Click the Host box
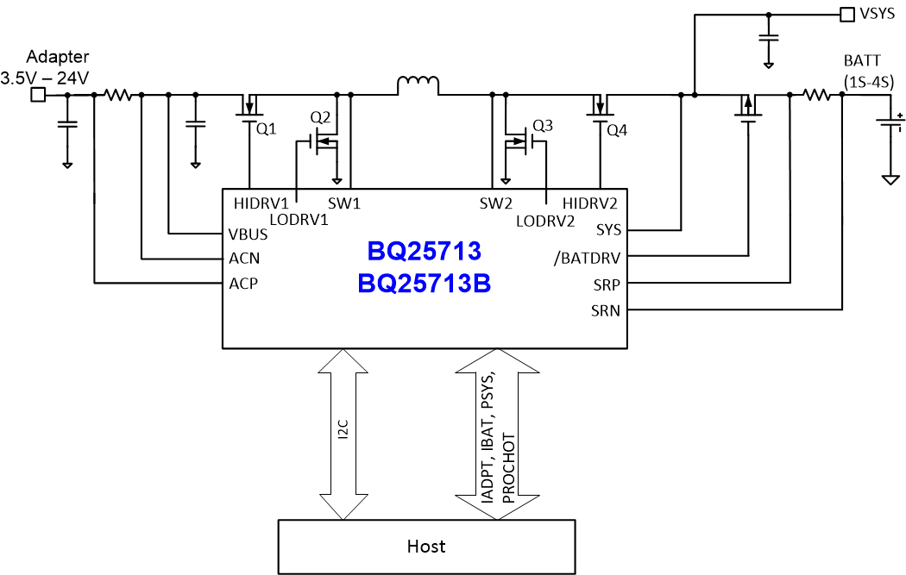[426, 547]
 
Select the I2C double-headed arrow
[343, 434]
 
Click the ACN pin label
[245, 258]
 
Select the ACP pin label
[245, 283]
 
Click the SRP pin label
[605, 283]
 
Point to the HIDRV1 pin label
[261, 203]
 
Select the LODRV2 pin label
[546, 221]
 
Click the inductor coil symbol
[418, 84]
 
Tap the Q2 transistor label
[320, 116]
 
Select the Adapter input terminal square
[37, 95]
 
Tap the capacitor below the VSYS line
[768, 38]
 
